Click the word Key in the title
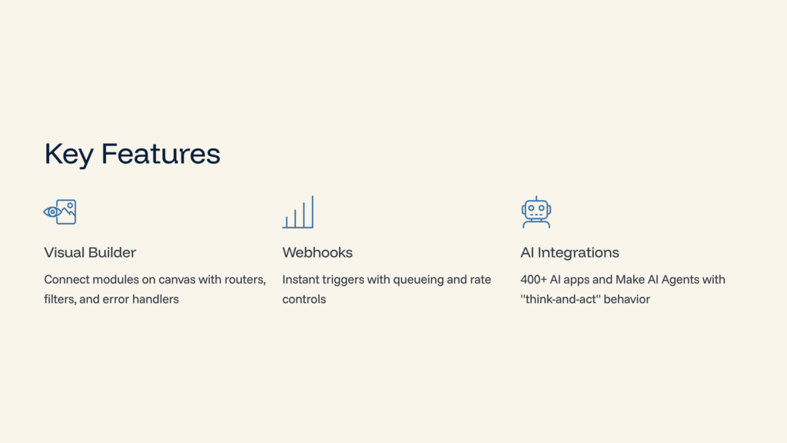coord(69,155)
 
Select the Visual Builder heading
coord(90,252)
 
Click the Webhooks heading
coord(317,252)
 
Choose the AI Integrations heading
coord(569,252)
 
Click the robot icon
coord(536,212)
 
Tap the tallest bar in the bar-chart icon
coord(312,212)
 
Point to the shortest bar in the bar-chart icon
coord(287,221)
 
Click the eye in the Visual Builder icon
coord(52,212)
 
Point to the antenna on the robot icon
coord(536,198)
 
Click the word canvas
coord(178,279)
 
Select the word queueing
coord(418,280)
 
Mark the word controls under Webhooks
coord(304,299)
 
